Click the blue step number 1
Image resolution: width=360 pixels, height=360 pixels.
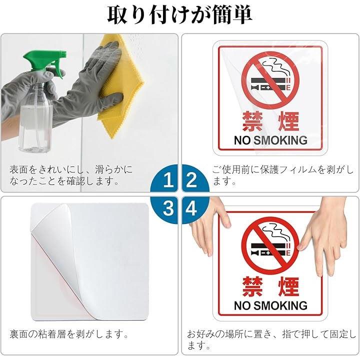pos(168,180)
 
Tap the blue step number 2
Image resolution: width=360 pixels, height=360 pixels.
pos(191,180)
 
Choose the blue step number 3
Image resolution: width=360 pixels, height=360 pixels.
pos(168,208)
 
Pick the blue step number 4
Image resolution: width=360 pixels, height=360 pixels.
pos(191,208)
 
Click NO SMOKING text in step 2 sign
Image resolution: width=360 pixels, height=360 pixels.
pos(270,140)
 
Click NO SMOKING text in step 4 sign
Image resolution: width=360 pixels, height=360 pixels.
pos(270,306)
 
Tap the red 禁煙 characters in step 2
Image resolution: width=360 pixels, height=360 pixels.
pos(271,121)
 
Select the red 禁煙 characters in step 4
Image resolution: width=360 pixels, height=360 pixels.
pos(271,286)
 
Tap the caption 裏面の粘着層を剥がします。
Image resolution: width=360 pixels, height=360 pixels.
pos(69,334)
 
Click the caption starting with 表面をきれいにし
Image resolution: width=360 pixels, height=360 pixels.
pos(71,175)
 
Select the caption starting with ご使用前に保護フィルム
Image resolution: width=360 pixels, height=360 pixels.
pos(283,175)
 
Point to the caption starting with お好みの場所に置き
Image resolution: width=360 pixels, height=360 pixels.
pos(271,340)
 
